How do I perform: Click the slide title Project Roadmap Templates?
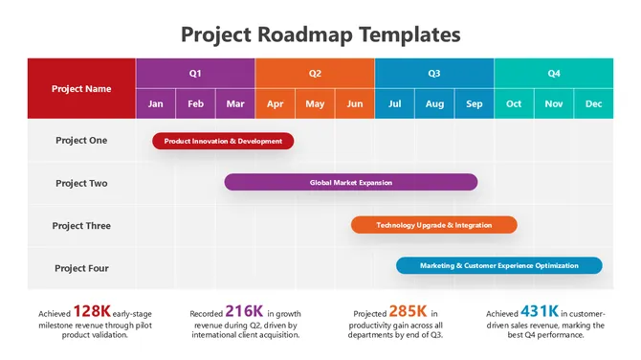(320, 35)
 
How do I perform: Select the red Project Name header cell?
(81, 88)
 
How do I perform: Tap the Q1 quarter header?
(195, 73)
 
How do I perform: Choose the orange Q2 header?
(315, 73)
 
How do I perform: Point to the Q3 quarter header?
(434, 73)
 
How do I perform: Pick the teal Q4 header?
(554, 73)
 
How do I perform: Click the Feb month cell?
(195, 103)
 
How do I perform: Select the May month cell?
(315, 103)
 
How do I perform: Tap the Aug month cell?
(434, 103)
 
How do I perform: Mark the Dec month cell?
(593, 103)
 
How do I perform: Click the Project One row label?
(81, 141)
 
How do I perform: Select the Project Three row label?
(81, 226)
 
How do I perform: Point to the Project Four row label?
(81, 268)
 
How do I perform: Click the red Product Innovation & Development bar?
(223, 141)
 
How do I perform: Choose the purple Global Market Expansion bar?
(351, 182)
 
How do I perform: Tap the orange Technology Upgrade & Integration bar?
(433, 225)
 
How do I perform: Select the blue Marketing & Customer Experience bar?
(499, 265)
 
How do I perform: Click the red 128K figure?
(92, 311)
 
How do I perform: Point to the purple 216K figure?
(244, 311)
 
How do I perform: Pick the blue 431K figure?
(540, 311)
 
